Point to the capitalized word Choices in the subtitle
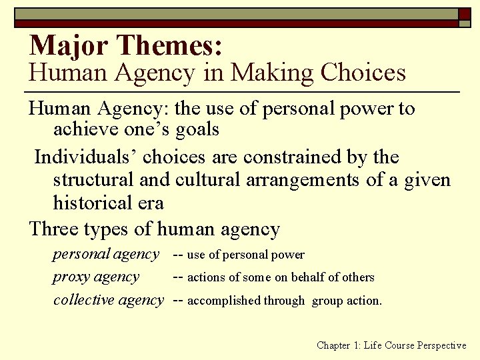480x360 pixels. [x=363, y=72]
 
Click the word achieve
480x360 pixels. [x=82, y=129]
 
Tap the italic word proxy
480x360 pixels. [x=72, y=277]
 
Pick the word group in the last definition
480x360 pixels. [x=327, y=301]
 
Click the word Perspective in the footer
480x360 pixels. [x=441, y=345]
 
